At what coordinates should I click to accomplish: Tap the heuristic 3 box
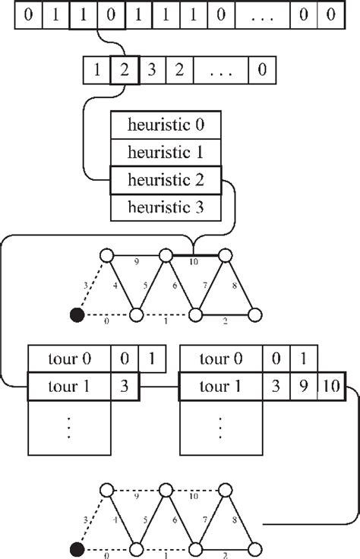[165, 207]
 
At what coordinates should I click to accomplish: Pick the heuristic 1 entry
[165, 152]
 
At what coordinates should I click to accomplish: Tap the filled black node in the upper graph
[75, 314]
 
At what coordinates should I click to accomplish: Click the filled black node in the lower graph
[75, 549]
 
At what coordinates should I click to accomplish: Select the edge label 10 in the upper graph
[194, 262]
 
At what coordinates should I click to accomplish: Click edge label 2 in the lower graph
[225, 556]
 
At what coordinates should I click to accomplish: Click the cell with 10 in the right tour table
[330, 387]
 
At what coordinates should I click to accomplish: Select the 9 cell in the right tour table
[303, 387]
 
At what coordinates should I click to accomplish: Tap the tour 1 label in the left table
[69, 387]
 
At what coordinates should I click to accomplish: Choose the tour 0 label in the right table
[220, 358]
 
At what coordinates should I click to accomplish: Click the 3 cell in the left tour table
[125, 387]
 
